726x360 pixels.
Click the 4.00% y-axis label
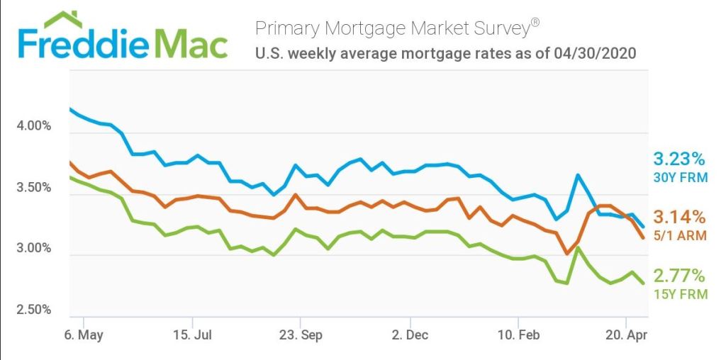tap(33, 126)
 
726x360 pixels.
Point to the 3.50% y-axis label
tap(33, 188)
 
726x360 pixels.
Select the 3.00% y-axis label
tap(33, 249)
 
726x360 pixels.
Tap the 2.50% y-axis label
tap(33, 310)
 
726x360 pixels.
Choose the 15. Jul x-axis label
tap(193, 334)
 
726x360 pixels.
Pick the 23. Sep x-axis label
tap(301, 334)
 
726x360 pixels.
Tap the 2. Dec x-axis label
tap(410, 334)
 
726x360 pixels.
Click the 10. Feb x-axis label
tap(518, 334)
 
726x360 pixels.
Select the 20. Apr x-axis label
tap(626, 334)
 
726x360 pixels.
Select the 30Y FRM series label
tap(680, 177)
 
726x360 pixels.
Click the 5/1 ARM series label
tap(680, 235)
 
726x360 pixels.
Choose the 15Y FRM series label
tap(680, 294)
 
